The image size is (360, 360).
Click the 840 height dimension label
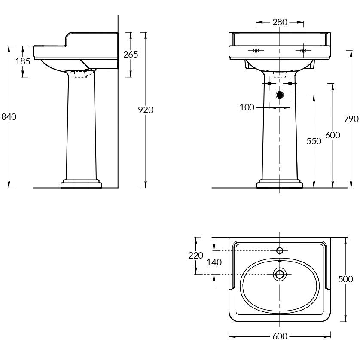(9, 117)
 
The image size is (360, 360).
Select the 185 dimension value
(23, 61)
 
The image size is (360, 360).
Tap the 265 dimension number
(131, 55)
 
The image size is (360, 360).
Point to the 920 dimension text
(146, 110)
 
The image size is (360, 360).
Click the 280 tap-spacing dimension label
(280, 22)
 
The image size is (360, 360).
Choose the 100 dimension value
(247, 107)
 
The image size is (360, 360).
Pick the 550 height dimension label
(314, 141)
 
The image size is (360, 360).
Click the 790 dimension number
(351, 119)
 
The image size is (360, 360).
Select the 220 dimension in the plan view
(196, 255)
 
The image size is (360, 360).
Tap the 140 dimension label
(214, 262)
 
